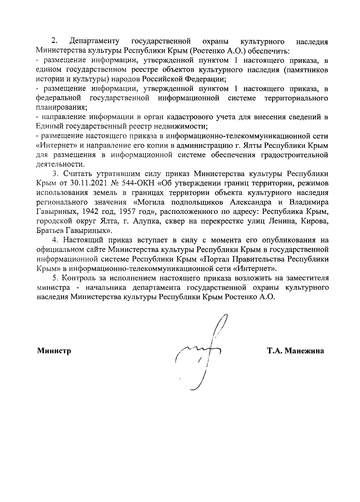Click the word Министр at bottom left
pyautogui.click(x=54, y=351)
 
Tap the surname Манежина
pyautogui.click(x=304, y=351)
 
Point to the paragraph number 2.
pyautogui.click(x=54, y=41)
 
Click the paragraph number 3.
pyautogui.click(x=55, y=174)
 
